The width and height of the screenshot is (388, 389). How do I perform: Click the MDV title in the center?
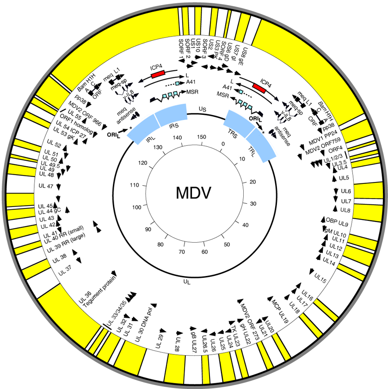pyautogui.click(x=194, y=193)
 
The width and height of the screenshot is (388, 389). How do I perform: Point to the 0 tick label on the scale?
pyautogui.click(x=223, y=144)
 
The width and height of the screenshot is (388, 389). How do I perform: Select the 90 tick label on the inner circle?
pyautogui.click(x=148, y=229)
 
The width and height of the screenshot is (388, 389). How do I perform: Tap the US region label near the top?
pyautogui.click(x=202, y=109)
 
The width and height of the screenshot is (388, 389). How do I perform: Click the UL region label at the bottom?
pyautogui.click(x=187, y=281)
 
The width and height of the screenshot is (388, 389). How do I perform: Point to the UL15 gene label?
pyautogui.click(x=320, y=278)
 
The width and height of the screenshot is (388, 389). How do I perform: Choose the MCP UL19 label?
pyautogui.click(x=280, y=314)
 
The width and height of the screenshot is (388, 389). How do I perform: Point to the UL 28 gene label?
pyautogui.click(x=178, y=343)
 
